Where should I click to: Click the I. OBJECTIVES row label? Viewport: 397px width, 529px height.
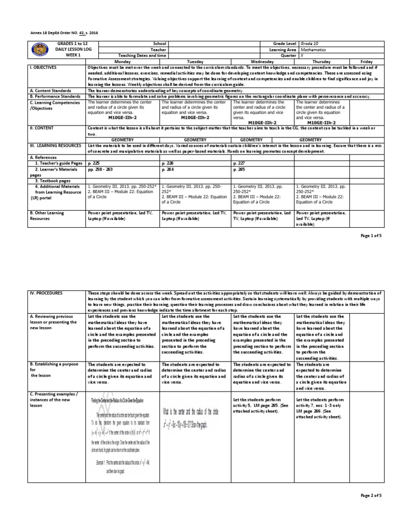(x=43, y=67)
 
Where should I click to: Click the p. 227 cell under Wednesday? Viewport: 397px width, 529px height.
(x=239, y=162)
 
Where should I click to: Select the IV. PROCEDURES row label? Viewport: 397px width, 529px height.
(x=47, y=293)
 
